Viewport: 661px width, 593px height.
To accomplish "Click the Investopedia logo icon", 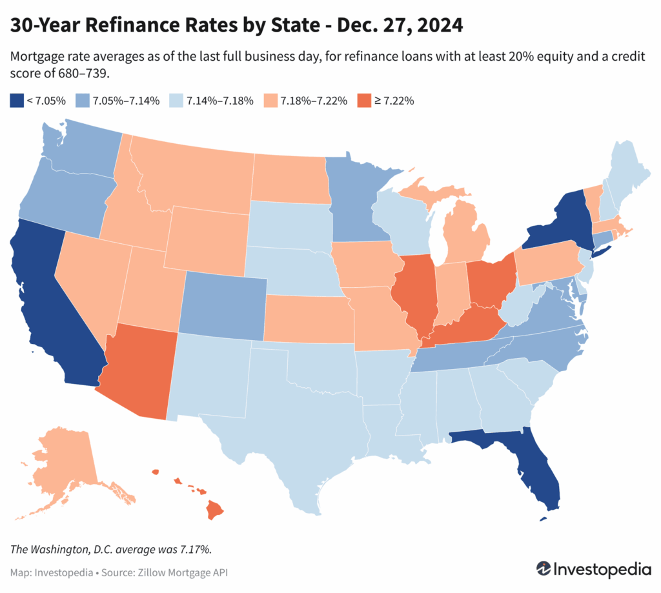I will point(544,569).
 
